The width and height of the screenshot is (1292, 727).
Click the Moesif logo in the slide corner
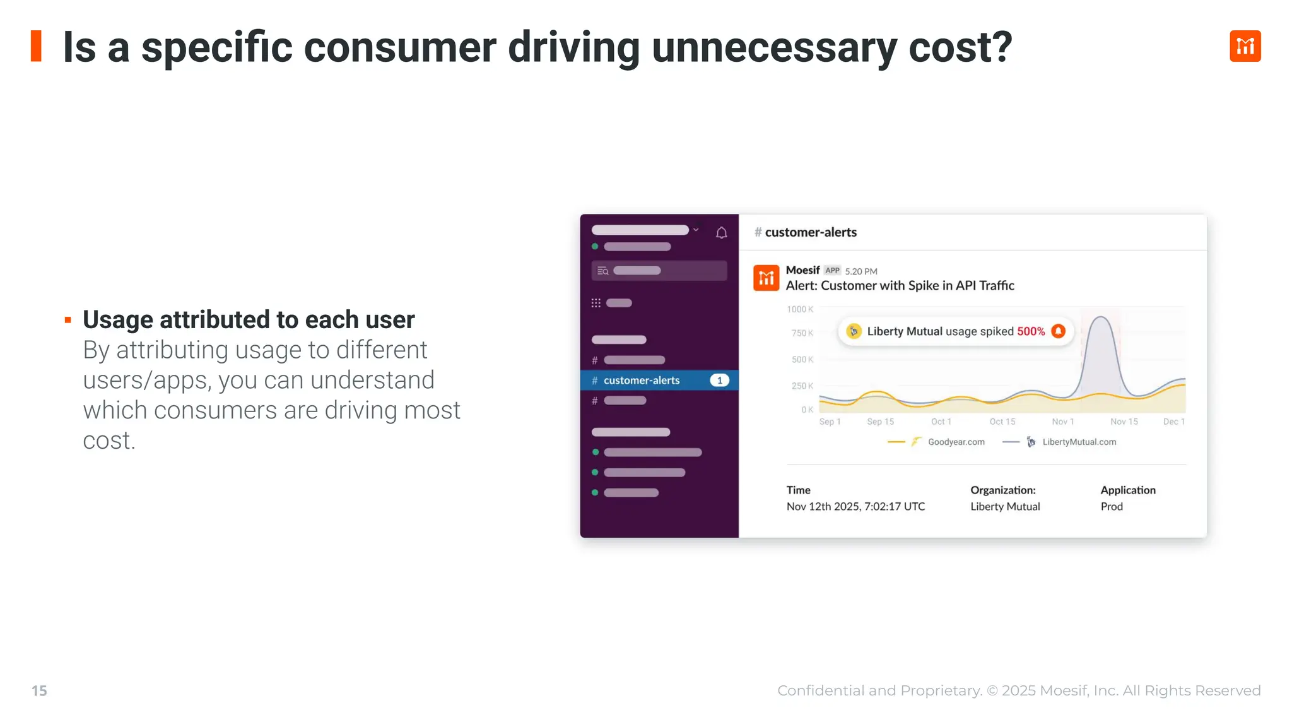pos(1245,46)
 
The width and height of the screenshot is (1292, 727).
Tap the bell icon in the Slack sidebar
pos(722,233)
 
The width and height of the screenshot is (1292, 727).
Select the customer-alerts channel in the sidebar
pos(641,381)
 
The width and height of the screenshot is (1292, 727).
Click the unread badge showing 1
pos(719,381)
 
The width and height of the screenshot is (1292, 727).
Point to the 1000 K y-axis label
pos(800,309)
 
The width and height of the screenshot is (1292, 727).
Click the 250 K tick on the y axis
pos(802,386)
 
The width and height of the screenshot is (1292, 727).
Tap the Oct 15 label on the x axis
pos(1002,422)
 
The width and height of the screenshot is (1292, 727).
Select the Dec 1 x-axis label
pos(1173,422)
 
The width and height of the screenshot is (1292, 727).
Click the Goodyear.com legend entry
pos(956,442)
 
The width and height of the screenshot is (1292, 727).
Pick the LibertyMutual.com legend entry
pos(1079,442)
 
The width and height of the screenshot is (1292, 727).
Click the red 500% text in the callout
pos(1031,331)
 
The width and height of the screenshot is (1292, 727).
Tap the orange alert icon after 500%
pos(1059,331)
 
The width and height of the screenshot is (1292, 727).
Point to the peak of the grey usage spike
pos(1101,317)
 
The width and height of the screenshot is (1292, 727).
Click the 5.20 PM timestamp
pos(861,271)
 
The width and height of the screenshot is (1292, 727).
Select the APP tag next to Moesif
pos(832,271)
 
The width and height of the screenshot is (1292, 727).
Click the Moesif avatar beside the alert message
pos(766,278)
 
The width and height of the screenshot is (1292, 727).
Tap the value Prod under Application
pos(1112,507)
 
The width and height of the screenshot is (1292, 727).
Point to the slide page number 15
pos(39,691)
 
